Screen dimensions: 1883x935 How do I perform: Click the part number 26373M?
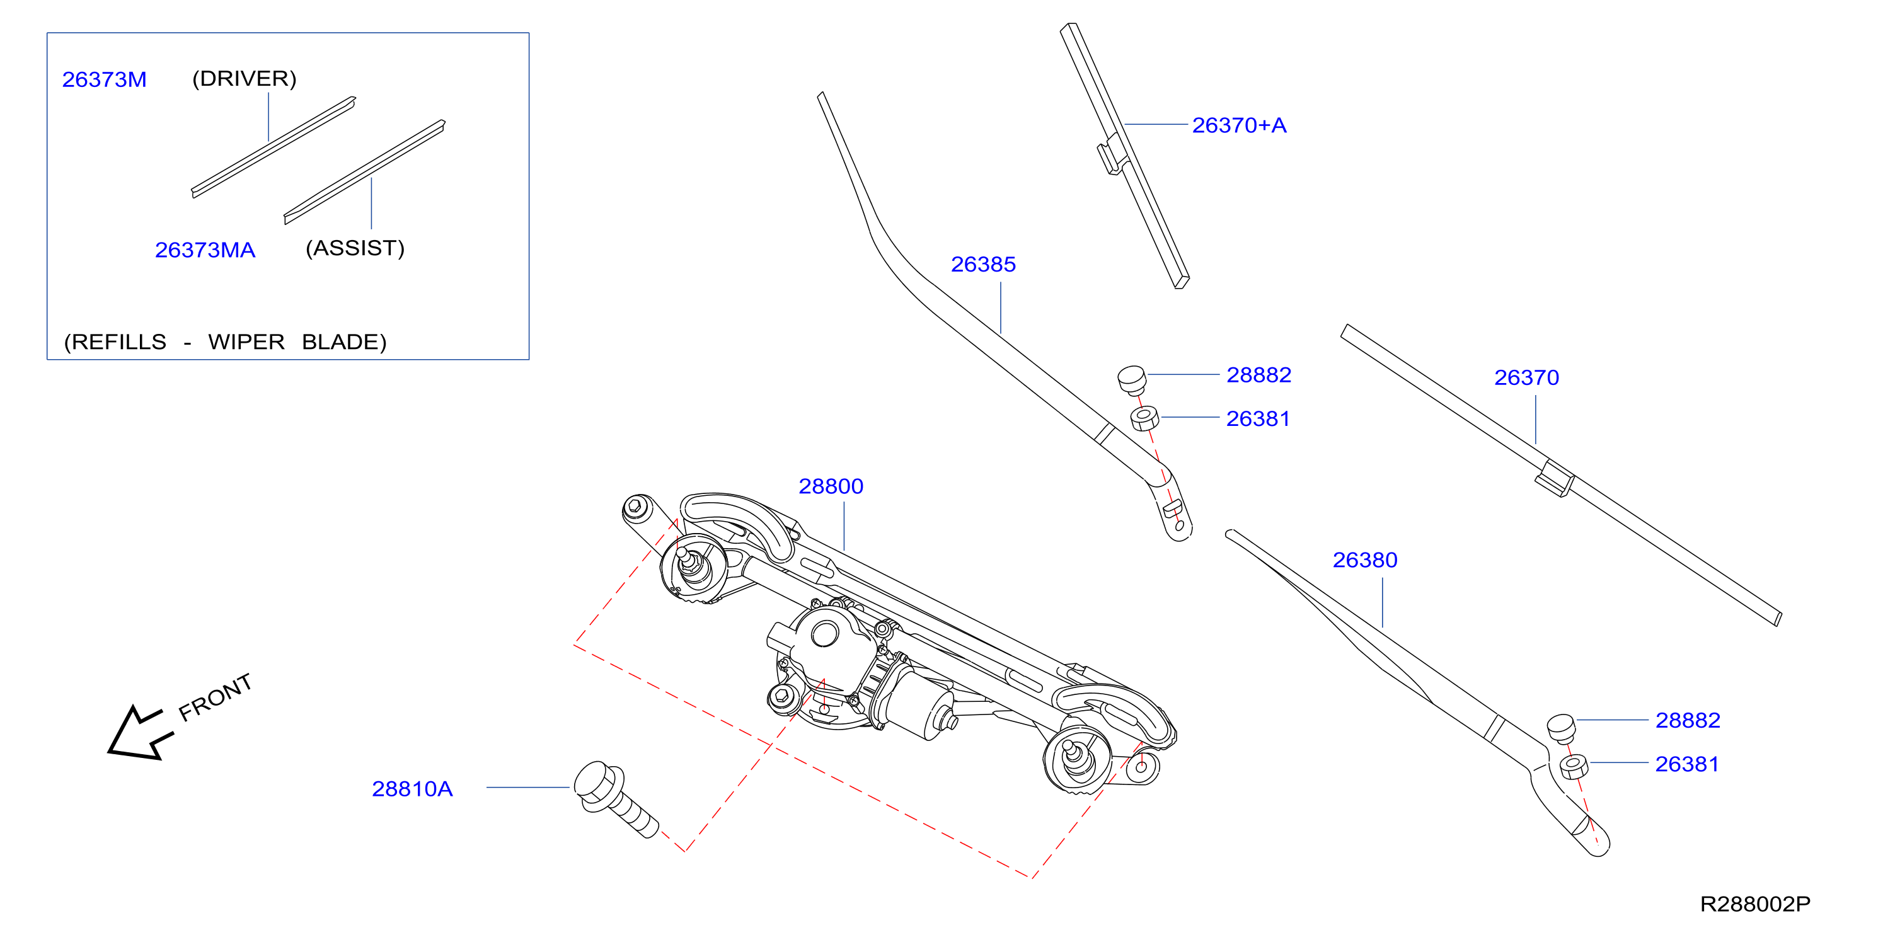[105, 79]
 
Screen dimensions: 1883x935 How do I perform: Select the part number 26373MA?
[205, 250]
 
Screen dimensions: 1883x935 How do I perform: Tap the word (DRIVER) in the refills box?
[244, 78]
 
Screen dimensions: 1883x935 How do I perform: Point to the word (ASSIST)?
[355, 248]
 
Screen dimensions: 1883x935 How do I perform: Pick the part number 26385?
[983, 264]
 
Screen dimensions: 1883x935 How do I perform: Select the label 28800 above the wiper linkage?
[831, 486]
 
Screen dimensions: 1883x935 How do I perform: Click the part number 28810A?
[412, 789]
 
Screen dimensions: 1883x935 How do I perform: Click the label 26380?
[1365, 560]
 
